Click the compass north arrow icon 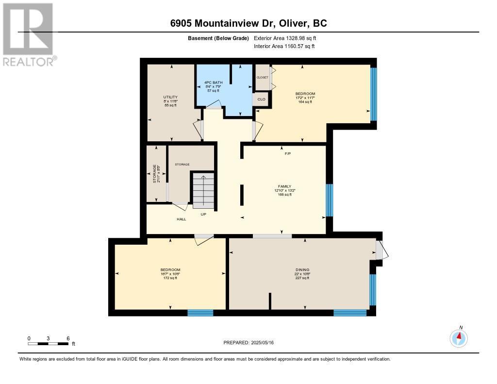pos(459,338)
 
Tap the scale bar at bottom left pos(48,344)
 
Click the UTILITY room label pos(170,97)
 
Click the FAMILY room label pos(284,186)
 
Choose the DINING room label pos(302,270)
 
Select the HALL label pos(182,219)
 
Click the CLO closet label pos(262,99)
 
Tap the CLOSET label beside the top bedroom pos(262,77)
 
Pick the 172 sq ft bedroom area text pos(170,278)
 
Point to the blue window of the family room pos(329,200)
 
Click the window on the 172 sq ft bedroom pos(200,313)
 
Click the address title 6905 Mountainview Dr pos(248,23)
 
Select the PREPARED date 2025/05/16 pos(249,343)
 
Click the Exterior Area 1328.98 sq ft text pos(285,38)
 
